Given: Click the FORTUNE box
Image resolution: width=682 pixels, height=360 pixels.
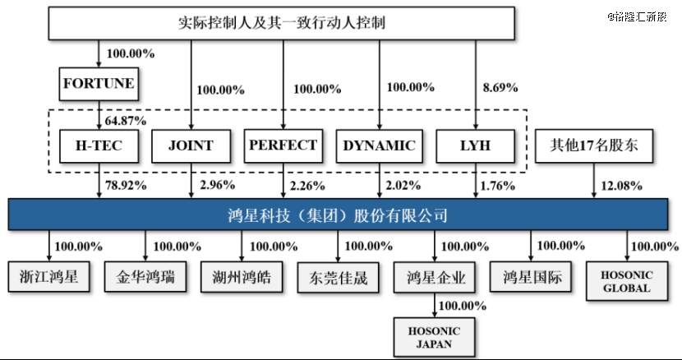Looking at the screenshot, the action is [99, 84].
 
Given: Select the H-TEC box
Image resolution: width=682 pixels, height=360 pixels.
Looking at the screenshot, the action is [99, 145].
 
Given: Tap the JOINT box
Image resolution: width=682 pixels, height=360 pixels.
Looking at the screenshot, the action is [191, 145].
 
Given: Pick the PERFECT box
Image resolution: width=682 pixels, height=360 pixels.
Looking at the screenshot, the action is [283, 145].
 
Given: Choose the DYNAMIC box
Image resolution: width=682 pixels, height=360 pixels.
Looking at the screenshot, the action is [380, 145].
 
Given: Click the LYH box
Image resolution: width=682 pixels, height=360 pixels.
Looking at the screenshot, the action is [476, 145].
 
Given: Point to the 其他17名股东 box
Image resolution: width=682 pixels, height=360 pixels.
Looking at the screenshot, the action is [594, 145].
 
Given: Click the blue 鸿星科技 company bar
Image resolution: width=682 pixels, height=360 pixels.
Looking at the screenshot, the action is [338, 215].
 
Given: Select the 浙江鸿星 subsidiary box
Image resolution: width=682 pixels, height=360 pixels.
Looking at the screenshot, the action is [48, 277].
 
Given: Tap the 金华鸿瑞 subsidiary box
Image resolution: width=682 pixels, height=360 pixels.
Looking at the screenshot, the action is [145, 277].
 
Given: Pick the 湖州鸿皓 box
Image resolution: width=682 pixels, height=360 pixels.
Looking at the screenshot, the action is [242, 277].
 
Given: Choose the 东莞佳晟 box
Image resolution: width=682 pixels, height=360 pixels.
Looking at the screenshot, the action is [338, 277].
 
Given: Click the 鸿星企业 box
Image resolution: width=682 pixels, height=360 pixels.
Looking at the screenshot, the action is [435, 277].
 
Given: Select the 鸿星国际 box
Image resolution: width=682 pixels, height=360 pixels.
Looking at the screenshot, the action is [531, 277].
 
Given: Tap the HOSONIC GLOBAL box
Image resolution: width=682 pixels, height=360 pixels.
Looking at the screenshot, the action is [627, 281].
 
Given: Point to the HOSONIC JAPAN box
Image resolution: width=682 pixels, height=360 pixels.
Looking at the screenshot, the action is [434, 337].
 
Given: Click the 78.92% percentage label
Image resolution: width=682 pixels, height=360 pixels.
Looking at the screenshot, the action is [126, 185].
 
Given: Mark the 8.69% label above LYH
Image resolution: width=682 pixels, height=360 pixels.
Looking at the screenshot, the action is [500, 88].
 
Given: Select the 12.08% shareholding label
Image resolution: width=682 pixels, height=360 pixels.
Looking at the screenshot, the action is [621, 186].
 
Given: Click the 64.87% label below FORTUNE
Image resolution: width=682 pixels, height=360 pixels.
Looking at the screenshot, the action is [126, 121].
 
